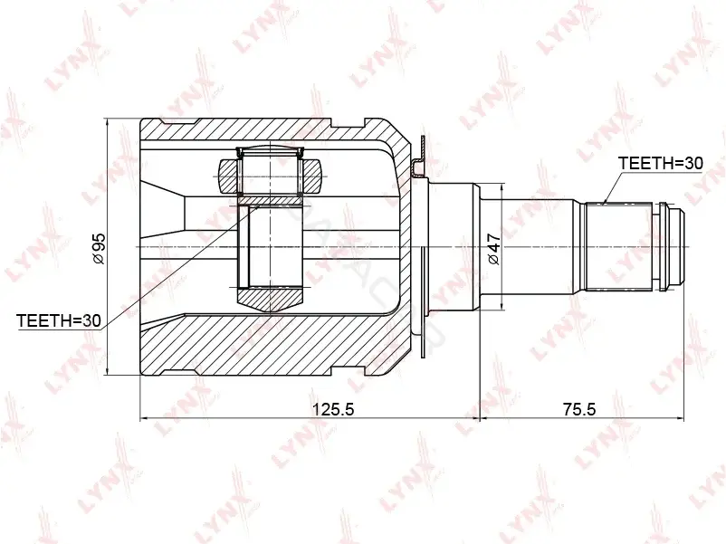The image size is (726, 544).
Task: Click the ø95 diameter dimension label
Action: (x=99, y=249)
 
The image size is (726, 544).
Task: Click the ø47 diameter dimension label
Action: (x=493, y=249)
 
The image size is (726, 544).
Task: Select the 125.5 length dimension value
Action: (x=333, y=409)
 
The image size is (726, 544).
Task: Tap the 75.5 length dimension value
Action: (x=579, y=409)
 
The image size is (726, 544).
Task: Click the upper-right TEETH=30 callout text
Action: (x=661, y=163)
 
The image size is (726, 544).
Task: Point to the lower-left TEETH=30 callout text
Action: (x=58, y=320)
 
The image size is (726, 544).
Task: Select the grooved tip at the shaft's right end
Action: (x=668, y=247)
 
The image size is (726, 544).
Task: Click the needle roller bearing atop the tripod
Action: (x=270, y=171)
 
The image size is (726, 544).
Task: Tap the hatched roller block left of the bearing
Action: (x=228, y=177)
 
